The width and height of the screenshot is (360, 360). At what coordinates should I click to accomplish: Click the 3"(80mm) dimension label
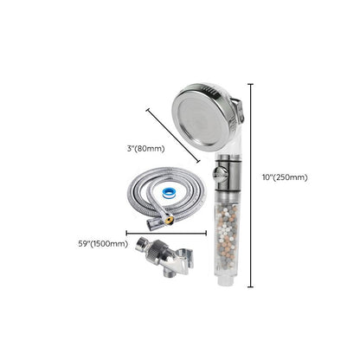pyautogui.click(x=145, y=149)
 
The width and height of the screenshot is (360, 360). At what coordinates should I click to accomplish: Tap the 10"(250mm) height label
pyautogui.click(x=285, y=177)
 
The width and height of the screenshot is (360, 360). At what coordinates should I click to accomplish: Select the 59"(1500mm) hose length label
pyautogui.click(x=103, y=243)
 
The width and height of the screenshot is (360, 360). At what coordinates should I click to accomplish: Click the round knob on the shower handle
pyautogui.click(x=219, y=175)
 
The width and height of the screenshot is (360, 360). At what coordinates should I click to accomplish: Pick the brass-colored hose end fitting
pyautogui.click(x=168, y=221)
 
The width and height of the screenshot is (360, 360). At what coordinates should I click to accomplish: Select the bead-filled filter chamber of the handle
pyautogui.click(x=226, y=237)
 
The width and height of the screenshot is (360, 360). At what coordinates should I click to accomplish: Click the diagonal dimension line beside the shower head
pyautogui.click(x=173, y=136)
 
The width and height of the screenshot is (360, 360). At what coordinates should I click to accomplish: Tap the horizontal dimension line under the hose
pyautogui.click(x=166, y=233)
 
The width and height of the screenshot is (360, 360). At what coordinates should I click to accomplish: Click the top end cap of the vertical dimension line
pyautogui.click(x=251, y=84)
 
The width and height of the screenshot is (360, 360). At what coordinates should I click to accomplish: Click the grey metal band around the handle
pyautogui.click(x=227, y=172)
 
